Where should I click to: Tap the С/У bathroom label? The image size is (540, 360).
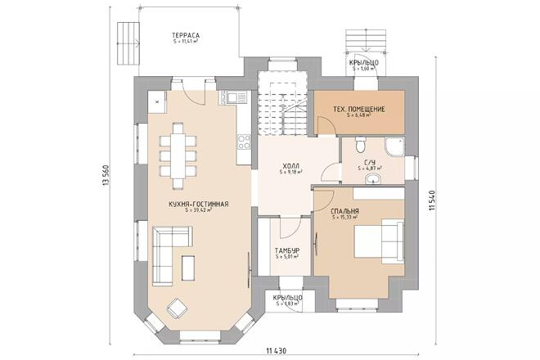pyautogui.click(x=370, y=163)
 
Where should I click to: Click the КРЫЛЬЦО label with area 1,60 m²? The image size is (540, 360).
pyautogui.click(x=362, y=62)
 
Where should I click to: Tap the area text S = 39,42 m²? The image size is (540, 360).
pyautogui.click(x=198, y=210)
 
